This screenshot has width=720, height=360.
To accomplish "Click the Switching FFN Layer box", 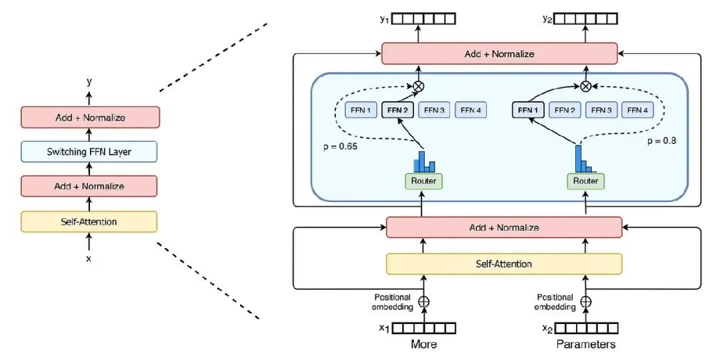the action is tap(89, 151).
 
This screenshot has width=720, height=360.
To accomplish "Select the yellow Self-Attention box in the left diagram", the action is tap(89, 222).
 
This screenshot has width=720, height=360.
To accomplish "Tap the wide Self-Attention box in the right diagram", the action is tap(504, 263).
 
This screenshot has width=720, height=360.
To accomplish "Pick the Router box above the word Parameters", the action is tap(586, 181).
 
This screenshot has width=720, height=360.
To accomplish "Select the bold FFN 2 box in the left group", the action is tap(397, 110).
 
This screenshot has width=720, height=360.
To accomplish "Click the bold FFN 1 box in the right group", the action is tap(527, 110).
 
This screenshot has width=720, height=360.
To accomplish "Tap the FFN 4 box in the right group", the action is tap(637, 110).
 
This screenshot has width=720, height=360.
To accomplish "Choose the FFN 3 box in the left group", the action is tap(434, 110).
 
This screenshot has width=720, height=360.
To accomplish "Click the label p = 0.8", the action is tap(661, 141).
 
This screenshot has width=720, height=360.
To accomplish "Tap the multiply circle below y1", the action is tap(418, 85).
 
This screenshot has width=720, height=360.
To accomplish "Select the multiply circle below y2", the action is tap(585, 85).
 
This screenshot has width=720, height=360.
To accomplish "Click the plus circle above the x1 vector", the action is tap(424, 302).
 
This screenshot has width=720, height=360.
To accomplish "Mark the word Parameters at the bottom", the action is tap(586, 344).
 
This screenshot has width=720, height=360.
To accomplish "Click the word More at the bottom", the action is tap(424, 344).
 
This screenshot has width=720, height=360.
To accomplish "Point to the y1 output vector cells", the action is tap(424, 19).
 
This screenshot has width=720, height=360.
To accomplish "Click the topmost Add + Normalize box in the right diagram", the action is tap(499, 54).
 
